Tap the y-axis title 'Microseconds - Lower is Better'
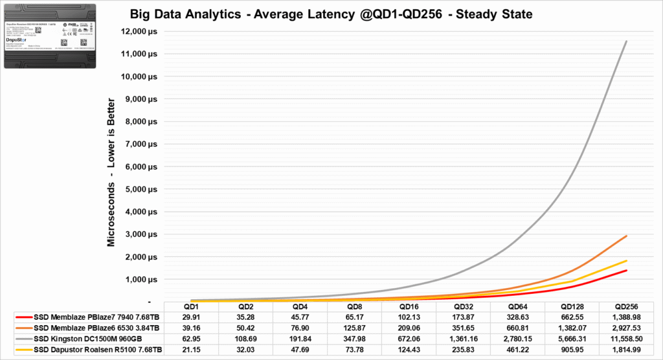coord(111,172)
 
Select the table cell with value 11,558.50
coord(626,338)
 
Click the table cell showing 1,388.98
coord(626,317)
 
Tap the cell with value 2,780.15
coord(517,338)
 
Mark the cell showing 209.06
coord(409,327)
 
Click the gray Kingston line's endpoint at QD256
coord(626,41)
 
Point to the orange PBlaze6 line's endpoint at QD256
coord(626,236)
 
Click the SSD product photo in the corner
coord(50,35)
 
